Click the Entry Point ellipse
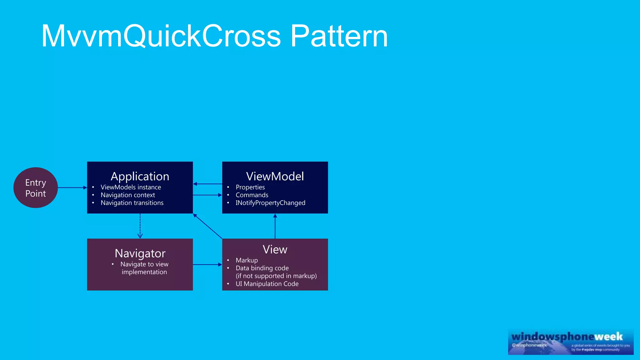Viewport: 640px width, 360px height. (x=36, y=187)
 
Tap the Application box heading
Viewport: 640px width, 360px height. (x=140, y=177)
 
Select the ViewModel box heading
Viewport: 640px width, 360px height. (x=275, y=177)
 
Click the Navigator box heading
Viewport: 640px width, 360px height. (x=140, y=253)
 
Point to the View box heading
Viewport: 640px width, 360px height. (x=275, y=250)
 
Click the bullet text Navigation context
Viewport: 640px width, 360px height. (x=127, y=195)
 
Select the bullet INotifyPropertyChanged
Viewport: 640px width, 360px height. (x=270, y=203)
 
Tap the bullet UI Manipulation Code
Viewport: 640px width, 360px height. (x=267, y=284)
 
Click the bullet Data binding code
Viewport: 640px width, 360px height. (x=262, y=268)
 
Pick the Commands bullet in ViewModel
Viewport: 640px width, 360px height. (x=252, y=195)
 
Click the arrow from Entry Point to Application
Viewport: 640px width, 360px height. (x=72, y=187)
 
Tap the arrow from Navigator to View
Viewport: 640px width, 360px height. (x=207, y=264)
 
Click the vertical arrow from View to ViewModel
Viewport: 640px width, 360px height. (x=275, y=226)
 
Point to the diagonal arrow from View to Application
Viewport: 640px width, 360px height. (x=207, y=226)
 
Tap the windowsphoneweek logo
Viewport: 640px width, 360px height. (x=571, y=342)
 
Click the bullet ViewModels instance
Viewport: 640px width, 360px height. (x=131, y=187)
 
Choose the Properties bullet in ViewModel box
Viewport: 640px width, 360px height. (x=250, y=187)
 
